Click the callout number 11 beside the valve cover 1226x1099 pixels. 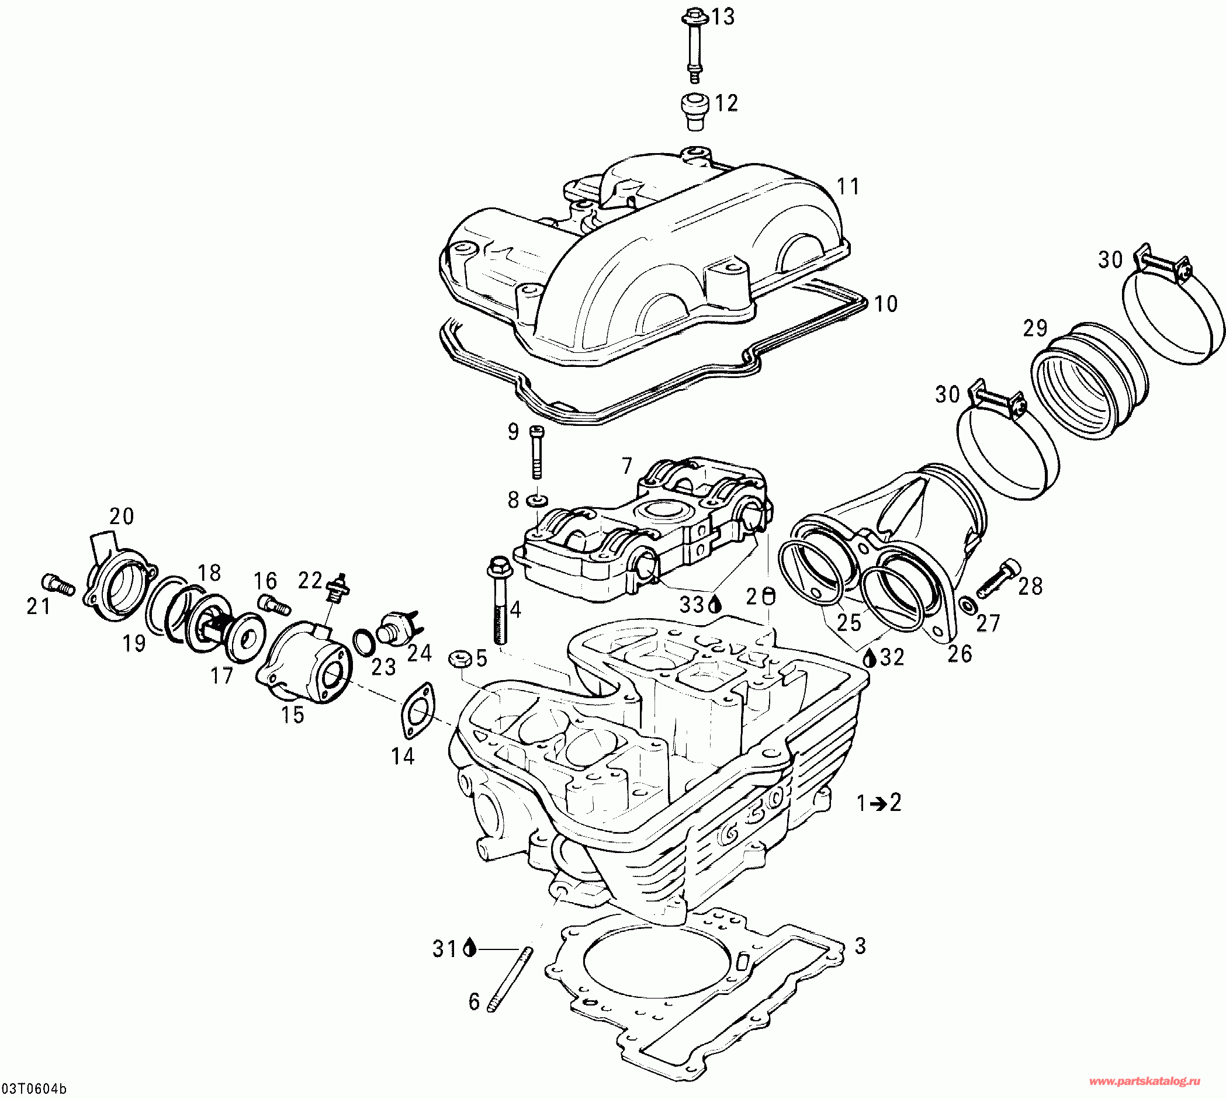click(x=848, y=186)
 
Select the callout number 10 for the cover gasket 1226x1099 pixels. click(x=885, y=304)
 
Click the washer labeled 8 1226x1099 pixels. click(x=536, y=500)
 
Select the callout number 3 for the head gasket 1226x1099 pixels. click(x=860, y=945)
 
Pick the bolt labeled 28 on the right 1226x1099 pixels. click(x=998, y=578)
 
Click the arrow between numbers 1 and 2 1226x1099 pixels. click(x=878, y=803)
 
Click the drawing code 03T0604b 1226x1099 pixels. click(x=34, y=1088)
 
